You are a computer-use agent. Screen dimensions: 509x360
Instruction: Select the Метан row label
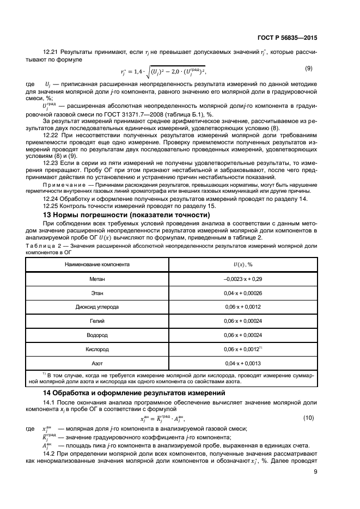97,279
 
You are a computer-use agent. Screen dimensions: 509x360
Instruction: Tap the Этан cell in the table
97,293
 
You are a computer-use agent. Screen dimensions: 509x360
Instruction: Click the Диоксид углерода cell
97,306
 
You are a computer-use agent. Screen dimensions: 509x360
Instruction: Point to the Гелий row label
97,321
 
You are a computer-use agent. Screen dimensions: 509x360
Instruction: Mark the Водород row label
97,334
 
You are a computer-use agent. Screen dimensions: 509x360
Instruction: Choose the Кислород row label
97,348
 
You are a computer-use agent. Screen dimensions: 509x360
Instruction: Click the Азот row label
97,362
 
